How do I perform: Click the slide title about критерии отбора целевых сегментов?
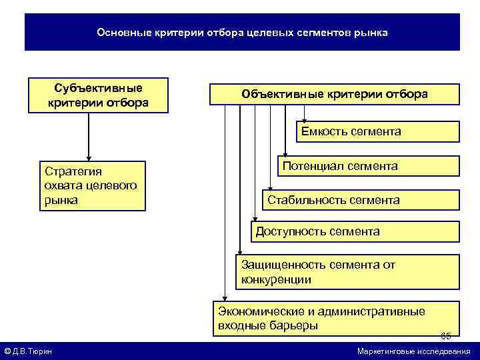[242, 32]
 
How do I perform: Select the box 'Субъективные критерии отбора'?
[97, 95]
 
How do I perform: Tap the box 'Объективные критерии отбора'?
[335, 95]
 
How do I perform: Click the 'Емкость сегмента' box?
[378, 131]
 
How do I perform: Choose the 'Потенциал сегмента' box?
[369, 166]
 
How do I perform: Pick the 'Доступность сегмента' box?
[355, 231]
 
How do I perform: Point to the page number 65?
[446, 335]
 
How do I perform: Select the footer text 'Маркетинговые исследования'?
[413, 351]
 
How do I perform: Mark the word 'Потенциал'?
[309, 166]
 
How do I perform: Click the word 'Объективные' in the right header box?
[272, 95]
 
